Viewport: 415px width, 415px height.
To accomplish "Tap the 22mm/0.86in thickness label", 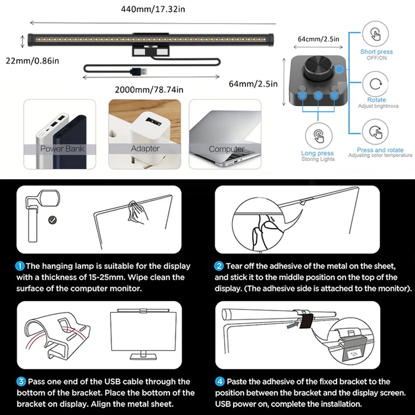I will tap(32, 61).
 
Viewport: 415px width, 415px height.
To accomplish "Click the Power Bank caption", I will tap(62, 149).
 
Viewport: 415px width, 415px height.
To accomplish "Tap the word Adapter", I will tap(145, 148).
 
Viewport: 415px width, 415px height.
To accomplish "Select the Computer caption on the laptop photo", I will tap(226, 149).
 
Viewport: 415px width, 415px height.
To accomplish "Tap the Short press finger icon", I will tap(376, 34).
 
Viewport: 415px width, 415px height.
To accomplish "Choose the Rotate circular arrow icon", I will tap(376, 84).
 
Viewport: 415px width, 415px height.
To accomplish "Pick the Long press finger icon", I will tap(318, 137).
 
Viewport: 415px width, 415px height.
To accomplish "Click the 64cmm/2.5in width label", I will tap(318, 39).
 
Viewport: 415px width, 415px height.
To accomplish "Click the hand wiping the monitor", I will tap(137, 213).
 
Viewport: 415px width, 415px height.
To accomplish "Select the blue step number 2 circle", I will tap(219, 266).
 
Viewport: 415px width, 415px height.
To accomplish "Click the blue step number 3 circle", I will tap(21, 381).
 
